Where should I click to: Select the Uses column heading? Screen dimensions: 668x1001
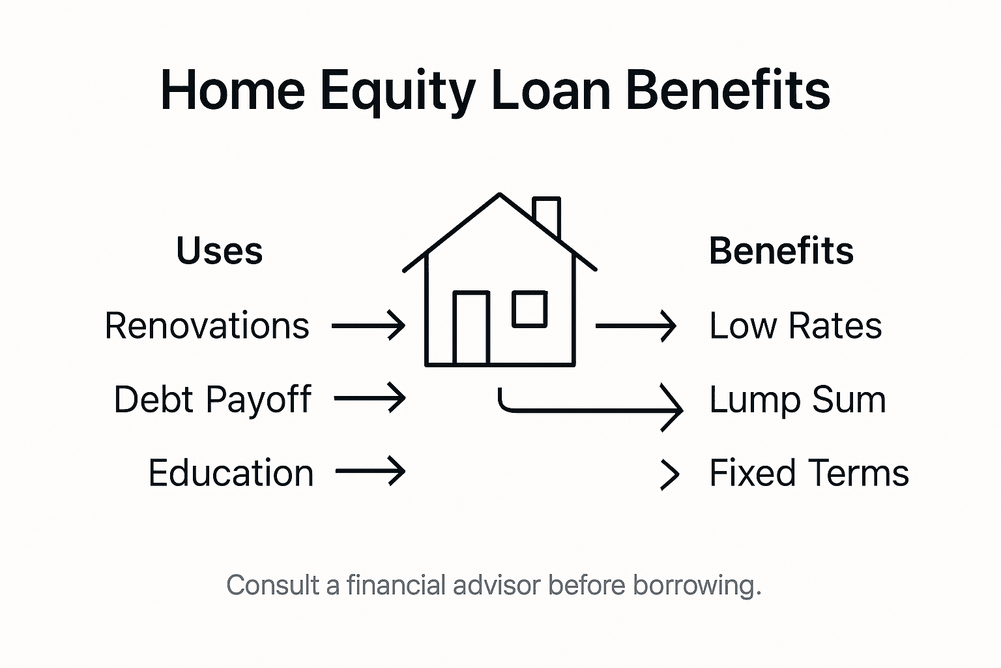coord(220,251)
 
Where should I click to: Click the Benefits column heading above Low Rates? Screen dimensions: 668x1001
coord(781,251)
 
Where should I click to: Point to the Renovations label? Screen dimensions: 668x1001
coord(207,326)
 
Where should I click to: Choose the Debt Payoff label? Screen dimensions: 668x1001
coord(212,399)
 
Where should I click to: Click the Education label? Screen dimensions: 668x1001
coord(231,473)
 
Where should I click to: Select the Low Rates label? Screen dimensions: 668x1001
coord(795,326)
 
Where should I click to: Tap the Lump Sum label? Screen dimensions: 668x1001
coord(797,399)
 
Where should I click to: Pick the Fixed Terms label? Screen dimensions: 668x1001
coord(809,473)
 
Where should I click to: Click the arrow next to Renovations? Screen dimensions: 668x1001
coord(368,325)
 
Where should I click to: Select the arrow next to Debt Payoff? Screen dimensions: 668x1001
coord(370,398)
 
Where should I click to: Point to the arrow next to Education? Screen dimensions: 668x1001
coord(370,470)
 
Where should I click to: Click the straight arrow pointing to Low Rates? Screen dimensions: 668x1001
coord(635,326)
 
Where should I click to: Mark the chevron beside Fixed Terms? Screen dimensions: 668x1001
coord(670,474)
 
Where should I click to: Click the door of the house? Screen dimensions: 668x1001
coord(471,328)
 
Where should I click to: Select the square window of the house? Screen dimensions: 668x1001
coord(529,309)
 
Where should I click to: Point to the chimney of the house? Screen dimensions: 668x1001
coord(546,215)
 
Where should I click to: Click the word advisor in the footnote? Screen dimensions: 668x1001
coord(497,585)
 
